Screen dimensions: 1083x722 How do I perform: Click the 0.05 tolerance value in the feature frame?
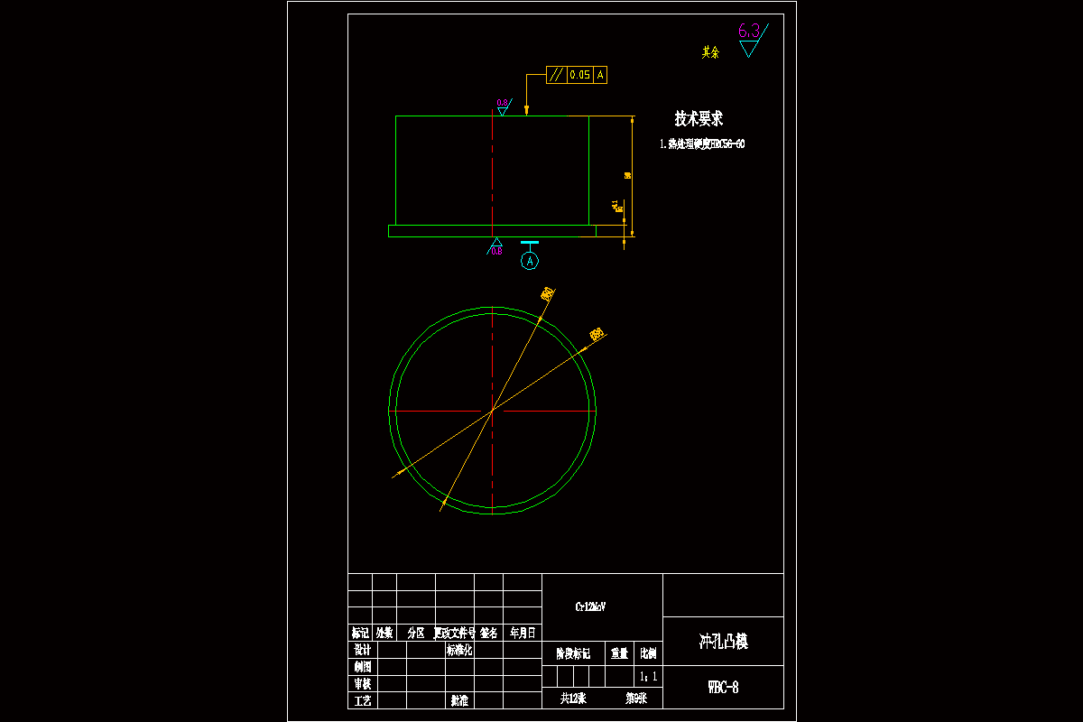[x=579, y=75]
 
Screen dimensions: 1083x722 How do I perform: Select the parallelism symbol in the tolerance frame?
[x=556, y=75]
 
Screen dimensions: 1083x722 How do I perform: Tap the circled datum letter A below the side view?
[x=530, y=261]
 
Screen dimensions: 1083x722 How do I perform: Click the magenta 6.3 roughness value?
[x=749, y=32]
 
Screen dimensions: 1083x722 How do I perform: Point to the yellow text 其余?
[x=711, y=52]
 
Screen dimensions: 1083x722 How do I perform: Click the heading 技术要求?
[x=699, y=118]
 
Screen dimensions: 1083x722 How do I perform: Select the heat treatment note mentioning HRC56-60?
[x=702, y=143]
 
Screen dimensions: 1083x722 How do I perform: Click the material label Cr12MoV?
[x=591, y=607]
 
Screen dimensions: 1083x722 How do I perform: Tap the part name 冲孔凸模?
[x=723, y=642]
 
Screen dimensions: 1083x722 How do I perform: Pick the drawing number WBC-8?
[x=723, y=688]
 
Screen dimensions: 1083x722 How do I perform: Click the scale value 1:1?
[x=648, y=676]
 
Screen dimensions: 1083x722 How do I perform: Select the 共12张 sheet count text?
[x=573, y=698]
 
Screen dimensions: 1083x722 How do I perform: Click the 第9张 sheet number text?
[x=636, y=698]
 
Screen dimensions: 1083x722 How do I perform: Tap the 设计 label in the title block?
[x=362, y=650]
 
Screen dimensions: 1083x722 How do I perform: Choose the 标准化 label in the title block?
[x=459, y=650]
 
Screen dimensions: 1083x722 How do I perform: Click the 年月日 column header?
[x=523, y=634]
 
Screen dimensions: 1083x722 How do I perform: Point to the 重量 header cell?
[x=619, y=653]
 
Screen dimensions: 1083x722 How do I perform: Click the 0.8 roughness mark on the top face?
[x=502, y=104]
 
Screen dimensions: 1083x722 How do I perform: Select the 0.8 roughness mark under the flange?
[x=496, y=250]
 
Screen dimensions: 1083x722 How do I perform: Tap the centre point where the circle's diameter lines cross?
[x=492, y=411]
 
